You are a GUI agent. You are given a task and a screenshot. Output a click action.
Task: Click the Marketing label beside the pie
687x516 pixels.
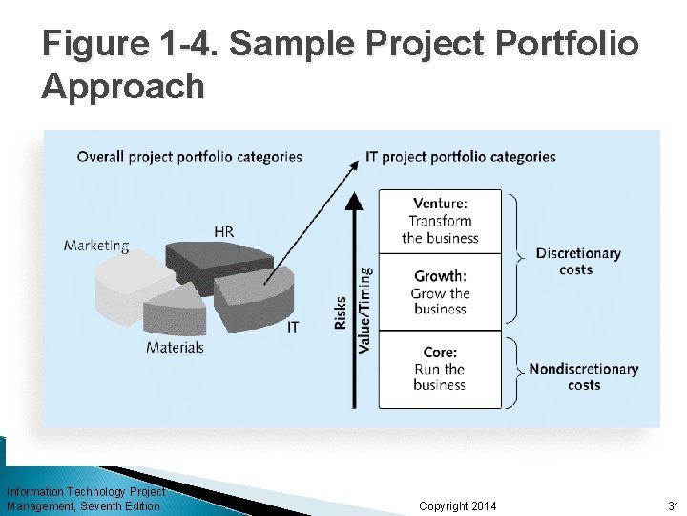96,246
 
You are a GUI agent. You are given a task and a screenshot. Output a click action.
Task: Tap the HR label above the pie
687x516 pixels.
223,231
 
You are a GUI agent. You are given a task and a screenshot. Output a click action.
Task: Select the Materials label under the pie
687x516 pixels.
175,348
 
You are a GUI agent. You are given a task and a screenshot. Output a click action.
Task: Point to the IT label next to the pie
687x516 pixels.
293,327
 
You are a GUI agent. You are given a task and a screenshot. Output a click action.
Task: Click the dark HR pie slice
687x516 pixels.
205,262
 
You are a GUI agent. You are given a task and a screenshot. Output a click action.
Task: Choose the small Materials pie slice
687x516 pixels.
176,312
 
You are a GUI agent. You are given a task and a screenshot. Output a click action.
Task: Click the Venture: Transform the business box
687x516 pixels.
440,221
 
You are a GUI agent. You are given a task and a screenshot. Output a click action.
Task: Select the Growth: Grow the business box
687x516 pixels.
440,292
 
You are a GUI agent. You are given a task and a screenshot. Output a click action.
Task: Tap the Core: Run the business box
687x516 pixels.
440,369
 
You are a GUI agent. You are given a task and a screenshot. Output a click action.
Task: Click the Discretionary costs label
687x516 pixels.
577,261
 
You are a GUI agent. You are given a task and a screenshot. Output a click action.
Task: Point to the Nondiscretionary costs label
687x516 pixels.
583,376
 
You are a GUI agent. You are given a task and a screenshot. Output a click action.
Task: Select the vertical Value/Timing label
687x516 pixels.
365,310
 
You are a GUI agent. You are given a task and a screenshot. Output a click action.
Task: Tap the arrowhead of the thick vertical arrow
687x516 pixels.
354,201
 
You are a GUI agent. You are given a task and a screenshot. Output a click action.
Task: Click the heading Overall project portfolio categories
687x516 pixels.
189,157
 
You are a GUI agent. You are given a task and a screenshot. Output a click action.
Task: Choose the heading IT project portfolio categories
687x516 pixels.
460,157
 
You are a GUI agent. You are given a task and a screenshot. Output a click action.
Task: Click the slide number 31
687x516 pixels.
672,505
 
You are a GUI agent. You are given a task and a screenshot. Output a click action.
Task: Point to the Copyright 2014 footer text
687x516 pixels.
457,505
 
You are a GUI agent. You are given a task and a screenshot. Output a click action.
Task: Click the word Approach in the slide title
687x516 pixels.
123,86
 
